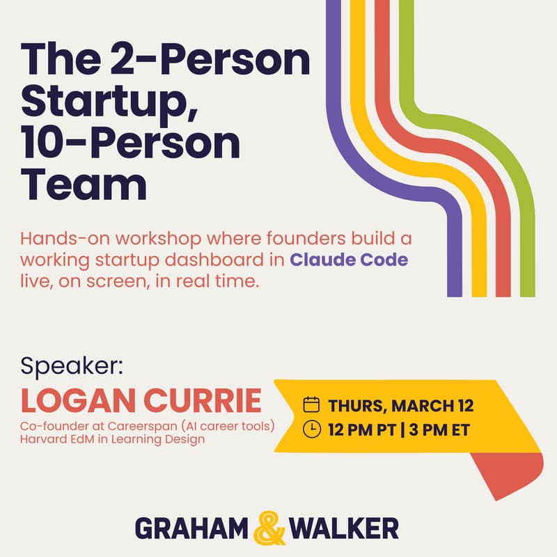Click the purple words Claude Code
click(349, 260)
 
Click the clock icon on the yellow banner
click(312, 429)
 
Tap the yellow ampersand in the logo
click(268, 528)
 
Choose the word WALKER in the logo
click(343, 529)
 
